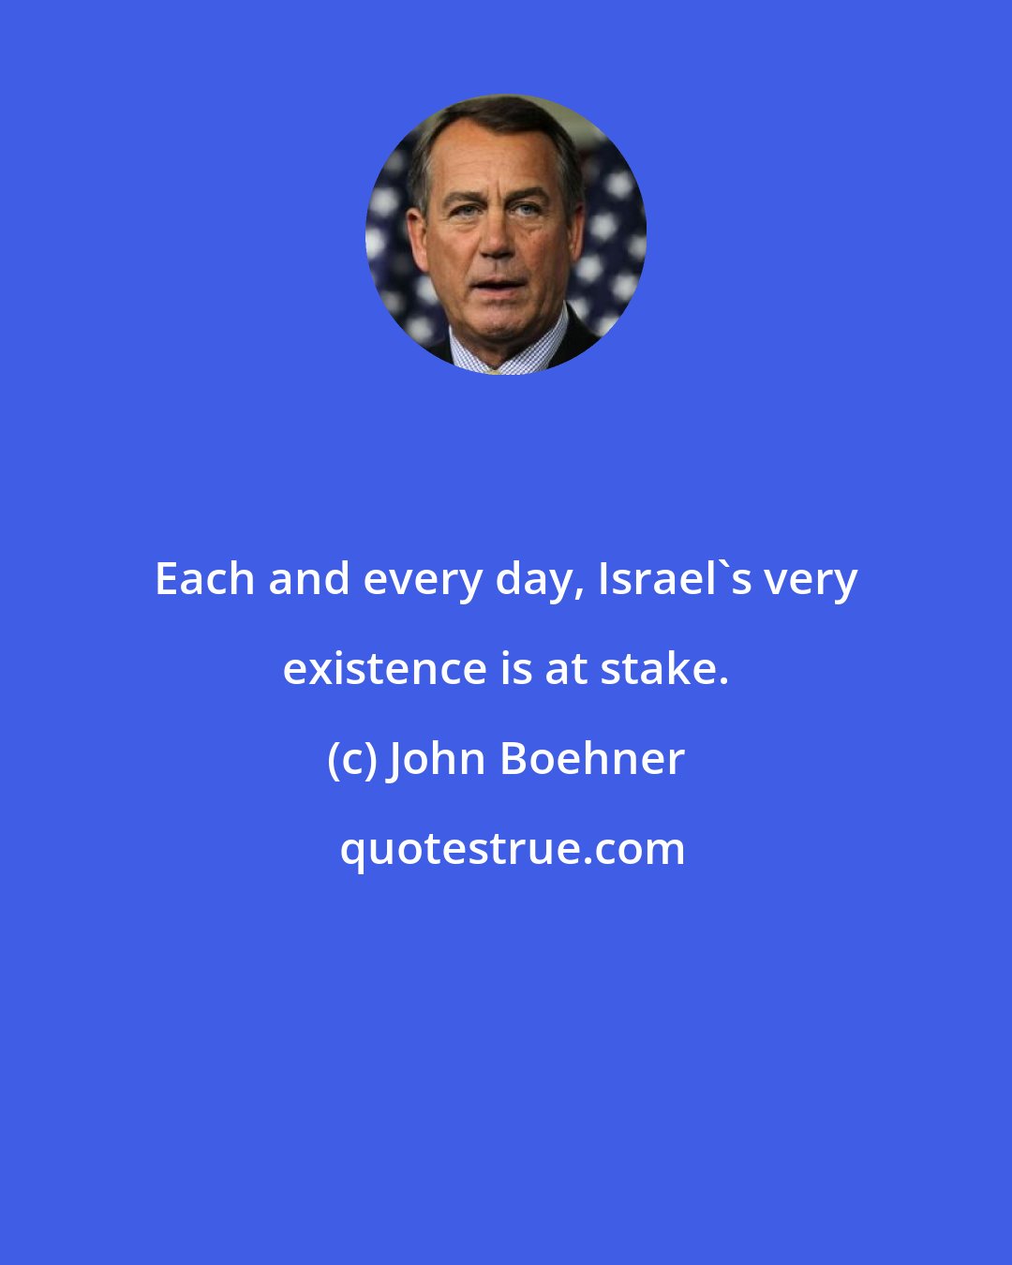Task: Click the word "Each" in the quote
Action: pos(205,579)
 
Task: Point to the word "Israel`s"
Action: pos(675,579)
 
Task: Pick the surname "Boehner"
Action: pos(592,759)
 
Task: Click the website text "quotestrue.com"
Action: pos(512,849)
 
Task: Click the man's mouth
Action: pos(498,284)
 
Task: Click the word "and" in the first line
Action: pos(308,579)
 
